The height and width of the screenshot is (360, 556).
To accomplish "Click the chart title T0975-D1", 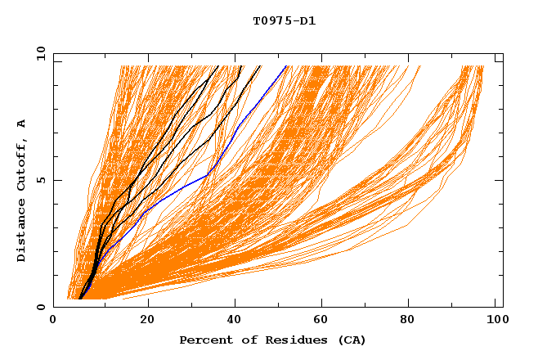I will tap(284, 21).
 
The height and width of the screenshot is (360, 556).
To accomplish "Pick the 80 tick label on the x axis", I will tap(407, 322).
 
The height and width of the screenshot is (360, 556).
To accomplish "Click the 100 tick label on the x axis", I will tap(495, 322).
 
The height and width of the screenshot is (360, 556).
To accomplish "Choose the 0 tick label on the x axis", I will tap(54, 322).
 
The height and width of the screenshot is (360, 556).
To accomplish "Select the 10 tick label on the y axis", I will tap(39, 53).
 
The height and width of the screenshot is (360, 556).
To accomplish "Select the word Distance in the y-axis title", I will tap(22, 232).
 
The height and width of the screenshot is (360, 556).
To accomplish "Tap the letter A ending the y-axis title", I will tap(22, 124).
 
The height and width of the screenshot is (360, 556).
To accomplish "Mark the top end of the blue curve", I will tap(287, 65).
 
